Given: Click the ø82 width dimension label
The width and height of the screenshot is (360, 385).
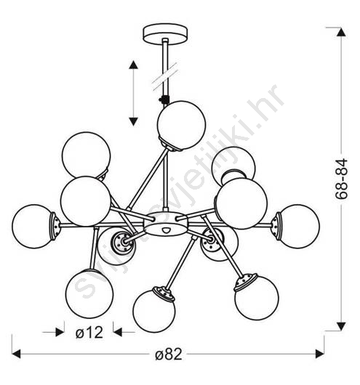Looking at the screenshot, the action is coord(169,354).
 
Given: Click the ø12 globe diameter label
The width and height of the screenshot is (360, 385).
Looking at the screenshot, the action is coord(89,333).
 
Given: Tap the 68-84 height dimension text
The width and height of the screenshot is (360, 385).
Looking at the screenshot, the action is coord(342,179).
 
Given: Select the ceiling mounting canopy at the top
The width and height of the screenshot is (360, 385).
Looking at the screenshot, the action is coord(165,34).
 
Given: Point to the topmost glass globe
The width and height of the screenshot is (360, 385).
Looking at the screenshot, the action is coord(181,125).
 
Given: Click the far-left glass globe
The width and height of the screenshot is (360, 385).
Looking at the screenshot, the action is coord(33,227).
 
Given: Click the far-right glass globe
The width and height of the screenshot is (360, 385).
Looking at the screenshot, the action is coord(298,227).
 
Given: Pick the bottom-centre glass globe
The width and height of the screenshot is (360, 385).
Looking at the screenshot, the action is coord(154,312).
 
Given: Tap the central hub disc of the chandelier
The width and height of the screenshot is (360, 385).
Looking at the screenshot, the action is coord(166,223).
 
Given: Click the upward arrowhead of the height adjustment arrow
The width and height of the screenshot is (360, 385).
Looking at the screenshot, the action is coord(133,65).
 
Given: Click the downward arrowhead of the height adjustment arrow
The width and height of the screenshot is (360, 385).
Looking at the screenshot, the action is coord(133,121).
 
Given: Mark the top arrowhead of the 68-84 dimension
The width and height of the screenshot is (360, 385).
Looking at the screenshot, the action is coord(341,32).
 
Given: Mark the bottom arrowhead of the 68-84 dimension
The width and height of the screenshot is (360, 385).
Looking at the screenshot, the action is coord(341,327).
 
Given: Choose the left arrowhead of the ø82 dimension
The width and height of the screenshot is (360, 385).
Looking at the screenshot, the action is coord(16,354).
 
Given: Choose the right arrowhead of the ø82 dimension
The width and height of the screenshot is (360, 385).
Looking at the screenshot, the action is coord(320,354).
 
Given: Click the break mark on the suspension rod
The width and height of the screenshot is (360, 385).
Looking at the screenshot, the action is coord(165,76).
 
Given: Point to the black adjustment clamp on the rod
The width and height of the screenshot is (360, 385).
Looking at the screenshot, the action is coord(164,100).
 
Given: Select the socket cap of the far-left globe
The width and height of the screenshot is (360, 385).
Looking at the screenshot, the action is coord(55,227).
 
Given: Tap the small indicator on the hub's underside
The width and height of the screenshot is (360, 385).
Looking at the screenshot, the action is coord(167,230).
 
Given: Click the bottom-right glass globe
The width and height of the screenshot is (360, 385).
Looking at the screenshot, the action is coord(257,298).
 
